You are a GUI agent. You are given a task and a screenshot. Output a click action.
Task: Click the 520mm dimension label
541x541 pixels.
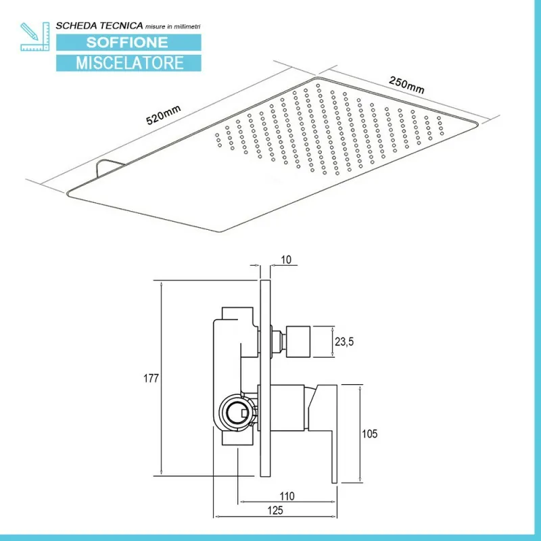tap(163, 115)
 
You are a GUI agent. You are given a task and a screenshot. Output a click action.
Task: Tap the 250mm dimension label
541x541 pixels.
tap(406, 85)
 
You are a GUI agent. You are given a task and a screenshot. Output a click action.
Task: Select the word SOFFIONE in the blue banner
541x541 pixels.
tap(127, 43)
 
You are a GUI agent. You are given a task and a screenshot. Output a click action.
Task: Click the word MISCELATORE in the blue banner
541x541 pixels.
tap(130, 63)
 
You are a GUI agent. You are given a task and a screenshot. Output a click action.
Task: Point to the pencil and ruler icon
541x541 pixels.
tap(35, 37)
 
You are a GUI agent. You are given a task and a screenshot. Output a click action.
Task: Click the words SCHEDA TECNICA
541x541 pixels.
tap(99, 26)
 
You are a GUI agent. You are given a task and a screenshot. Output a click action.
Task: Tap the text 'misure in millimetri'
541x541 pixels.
tap(172, 26)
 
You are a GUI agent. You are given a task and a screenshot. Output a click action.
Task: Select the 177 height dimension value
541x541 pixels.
tap(151, 379)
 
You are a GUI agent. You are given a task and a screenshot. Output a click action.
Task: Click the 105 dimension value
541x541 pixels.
tap(369, 433)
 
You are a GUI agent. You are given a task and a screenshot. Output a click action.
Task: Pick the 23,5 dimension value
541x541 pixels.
tap(344, 342)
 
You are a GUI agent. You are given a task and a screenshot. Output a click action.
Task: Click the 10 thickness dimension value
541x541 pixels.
tap(286, 260)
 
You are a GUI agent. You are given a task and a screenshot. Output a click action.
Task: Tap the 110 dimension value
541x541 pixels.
tap(287, 496)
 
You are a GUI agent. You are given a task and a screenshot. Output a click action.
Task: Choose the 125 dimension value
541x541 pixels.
tap(275, 511)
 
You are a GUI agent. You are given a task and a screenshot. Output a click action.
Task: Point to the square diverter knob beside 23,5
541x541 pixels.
tap(298, 342)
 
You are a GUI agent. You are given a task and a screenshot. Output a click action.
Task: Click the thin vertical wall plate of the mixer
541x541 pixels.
tap(265, 379)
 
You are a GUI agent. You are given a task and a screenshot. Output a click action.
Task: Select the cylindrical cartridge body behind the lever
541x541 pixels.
tap(287, 408)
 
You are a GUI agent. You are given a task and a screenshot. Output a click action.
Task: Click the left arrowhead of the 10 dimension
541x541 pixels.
tap(257, 265)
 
